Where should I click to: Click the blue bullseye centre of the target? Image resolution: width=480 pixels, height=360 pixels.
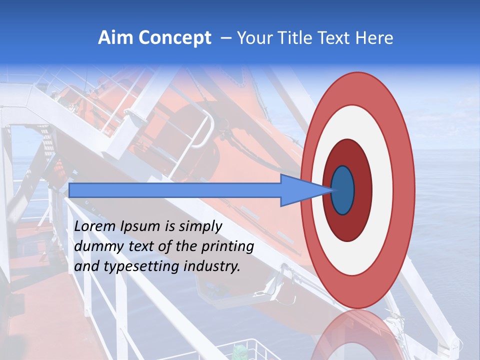pos(343,190)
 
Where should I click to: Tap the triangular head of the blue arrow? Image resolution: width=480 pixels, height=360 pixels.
pos(305,190)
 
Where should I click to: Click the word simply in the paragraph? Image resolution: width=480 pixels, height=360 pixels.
pos(199,226)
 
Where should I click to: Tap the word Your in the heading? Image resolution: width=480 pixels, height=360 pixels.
pos(253,38)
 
